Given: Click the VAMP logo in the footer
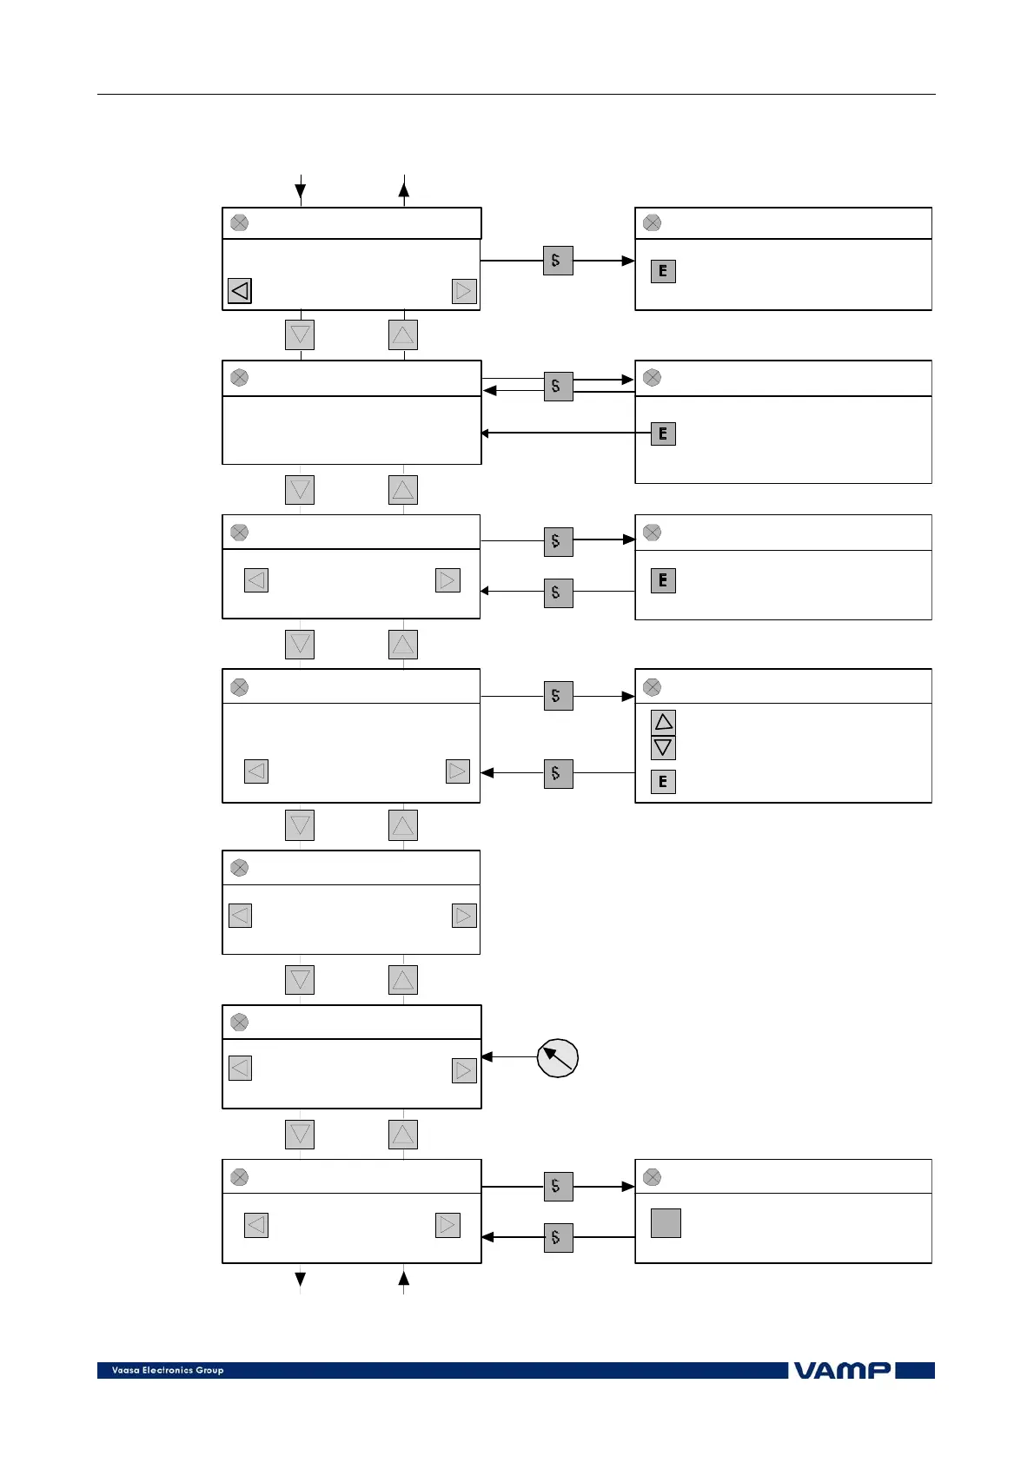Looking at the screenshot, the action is coord(841,1370).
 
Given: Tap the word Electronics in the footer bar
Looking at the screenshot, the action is coord(168,1370).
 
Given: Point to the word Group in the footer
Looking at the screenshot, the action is coord(209,1370).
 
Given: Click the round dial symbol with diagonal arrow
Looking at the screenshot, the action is coord(558,1057).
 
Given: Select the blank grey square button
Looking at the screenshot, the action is coord(666,1223).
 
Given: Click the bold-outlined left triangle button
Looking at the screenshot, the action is coord(240,290).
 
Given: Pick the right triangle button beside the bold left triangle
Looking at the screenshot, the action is coord(464,290).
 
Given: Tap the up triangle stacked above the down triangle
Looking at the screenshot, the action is coord(663,722).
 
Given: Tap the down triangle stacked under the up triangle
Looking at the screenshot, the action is coord(663,747).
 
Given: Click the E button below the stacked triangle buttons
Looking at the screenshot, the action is coord(663,782).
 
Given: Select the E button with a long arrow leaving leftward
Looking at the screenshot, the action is coord(663,434).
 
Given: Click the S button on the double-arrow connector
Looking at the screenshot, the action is coord(558,386).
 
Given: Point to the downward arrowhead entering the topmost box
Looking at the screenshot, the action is coord(301,191).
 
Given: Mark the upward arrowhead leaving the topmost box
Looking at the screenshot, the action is coord(404,184).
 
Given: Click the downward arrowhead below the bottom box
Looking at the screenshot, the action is coord(301,1279).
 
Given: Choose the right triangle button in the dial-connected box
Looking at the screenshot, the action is coord(464,1070).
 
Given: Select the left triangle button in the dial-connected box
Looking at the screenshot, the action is coord(240,1068).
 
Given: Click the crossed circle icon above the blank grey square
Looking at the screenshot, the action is coord(652,1177).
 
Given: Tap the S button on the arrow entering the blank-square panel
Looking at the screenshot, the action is coord(558,1187).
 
